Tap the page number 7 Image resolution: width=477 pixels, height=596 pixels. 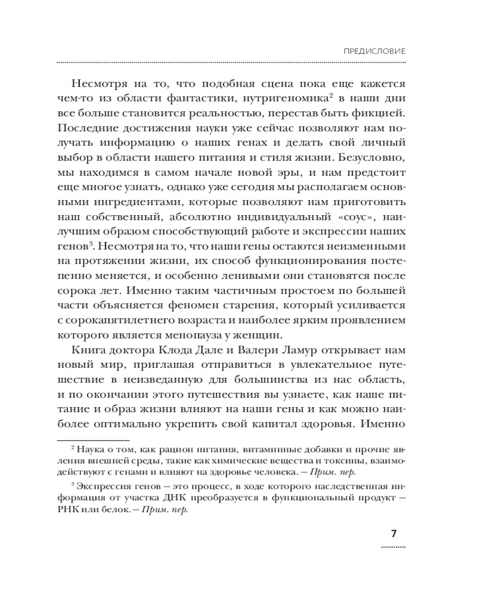coord(394,533)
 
